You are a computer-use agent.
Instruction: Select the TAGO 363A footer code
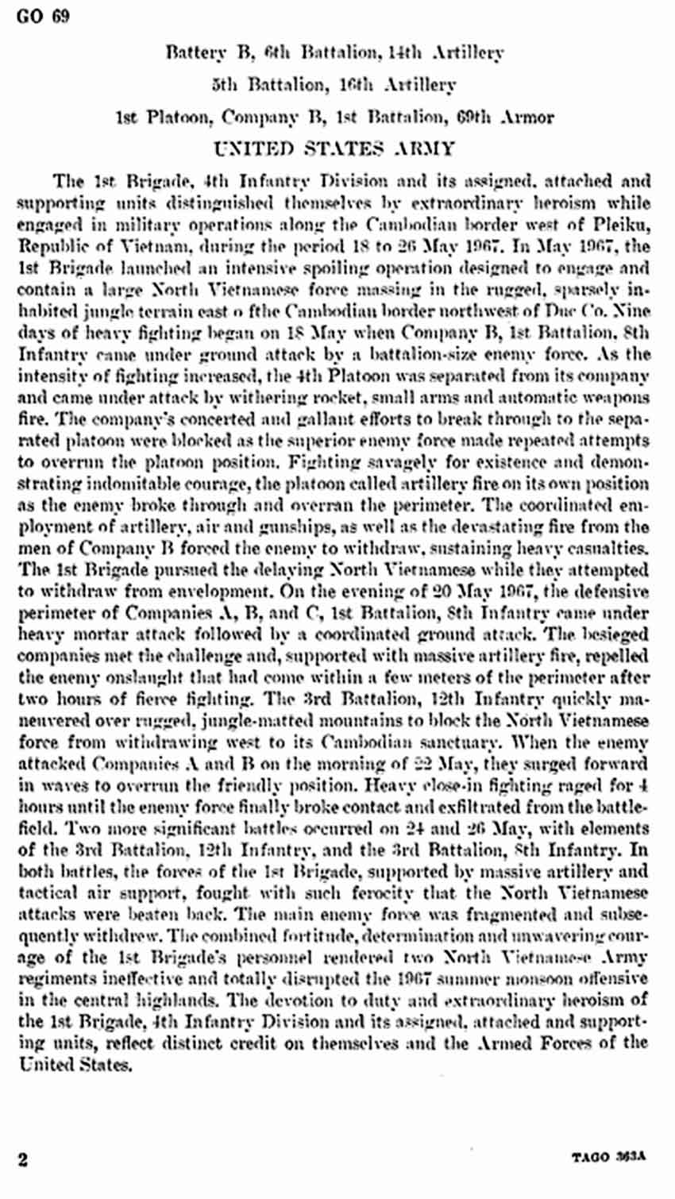(x=609, y=1158)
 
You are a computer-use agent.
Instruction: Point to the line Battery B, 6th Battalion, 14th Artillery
(x=335, y=53)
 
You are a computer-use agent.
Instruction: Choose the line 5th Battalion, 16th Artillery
(x=334, y=85)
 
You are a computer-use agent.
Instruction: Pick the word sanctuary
(x=446, y=742)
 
